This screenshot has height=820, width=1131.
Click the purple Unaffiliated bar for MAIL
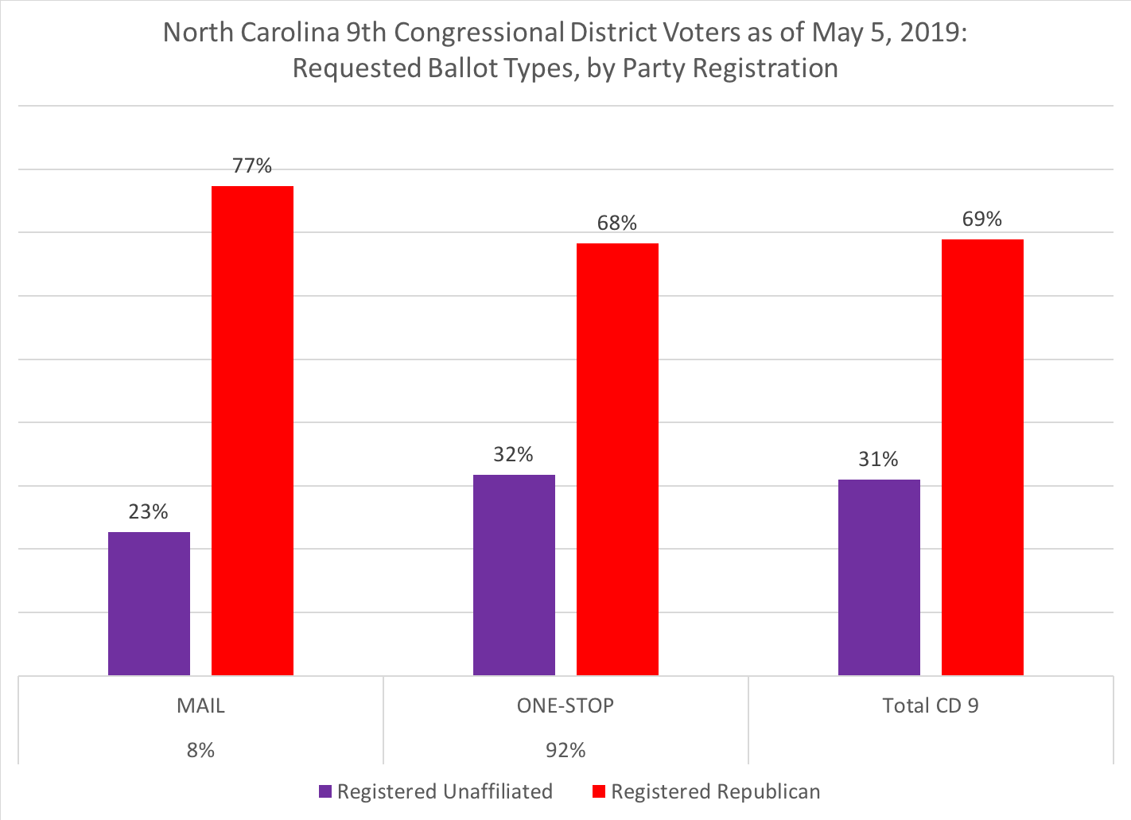(149, 604)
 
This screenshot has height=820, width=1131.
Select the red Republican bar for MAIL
(252, 430)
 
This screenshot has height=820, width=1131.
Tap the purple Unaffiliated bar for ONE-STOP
(514, 575)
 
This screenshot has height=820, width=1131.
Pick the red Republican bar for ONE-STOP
(617, 459)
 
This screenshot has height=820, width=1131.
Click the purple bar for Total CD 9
(879, 577)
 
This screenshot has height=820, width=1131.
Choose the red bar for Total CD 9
(982, 457)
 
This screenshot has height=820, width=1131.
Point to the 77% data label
(252, 166)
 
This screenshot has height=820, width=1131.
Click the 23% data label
(149, 512)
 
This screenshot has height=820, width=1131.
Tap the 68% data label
(617, 223)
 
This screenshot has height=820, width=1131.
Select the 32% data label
(514, 455)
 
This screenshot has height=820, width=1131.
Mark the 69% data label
(982, 220)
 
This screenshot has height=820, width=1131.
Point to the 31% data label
(878, 460)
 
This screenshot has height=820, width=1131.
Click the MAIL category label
(200, 706)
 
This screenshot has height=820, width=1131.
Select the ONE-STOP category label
(565, 706)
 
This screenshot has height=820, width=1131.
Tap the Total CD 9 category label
(931, 706)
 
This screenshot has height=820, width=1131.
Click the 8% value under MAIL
(200, 751)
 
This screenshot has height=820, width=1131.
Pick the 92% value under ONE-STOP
(565, 751)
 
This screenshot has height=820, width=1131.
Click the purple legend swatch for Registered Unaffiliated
(325, 792)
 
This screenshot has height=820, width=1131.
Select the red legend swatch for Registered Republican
(599, 792)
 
